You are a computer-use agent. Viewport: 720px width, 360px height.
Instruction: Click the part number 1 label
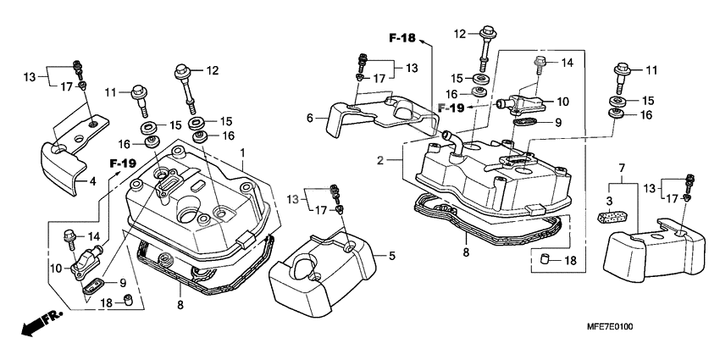[242, 153]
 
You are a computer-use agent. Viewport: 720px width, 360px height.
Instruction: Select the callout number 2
[382, 160]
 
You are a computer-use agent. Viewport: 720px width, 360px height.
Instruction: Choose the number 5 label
[391, 253]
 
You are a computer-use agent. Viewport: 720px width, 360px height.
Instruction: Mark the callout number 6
[311, 119]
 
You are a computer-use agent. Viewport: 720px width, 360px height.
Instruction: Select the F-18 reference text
[403, 38]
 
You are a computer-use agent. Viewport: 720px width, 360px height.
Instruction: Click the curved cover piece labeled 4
[61, 163]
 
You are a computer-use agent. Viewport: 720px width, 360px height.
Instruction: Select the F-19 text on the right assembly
[451, 108]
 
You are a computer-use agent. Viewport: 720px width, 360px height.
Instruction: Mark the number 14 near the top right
[568, 62]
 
